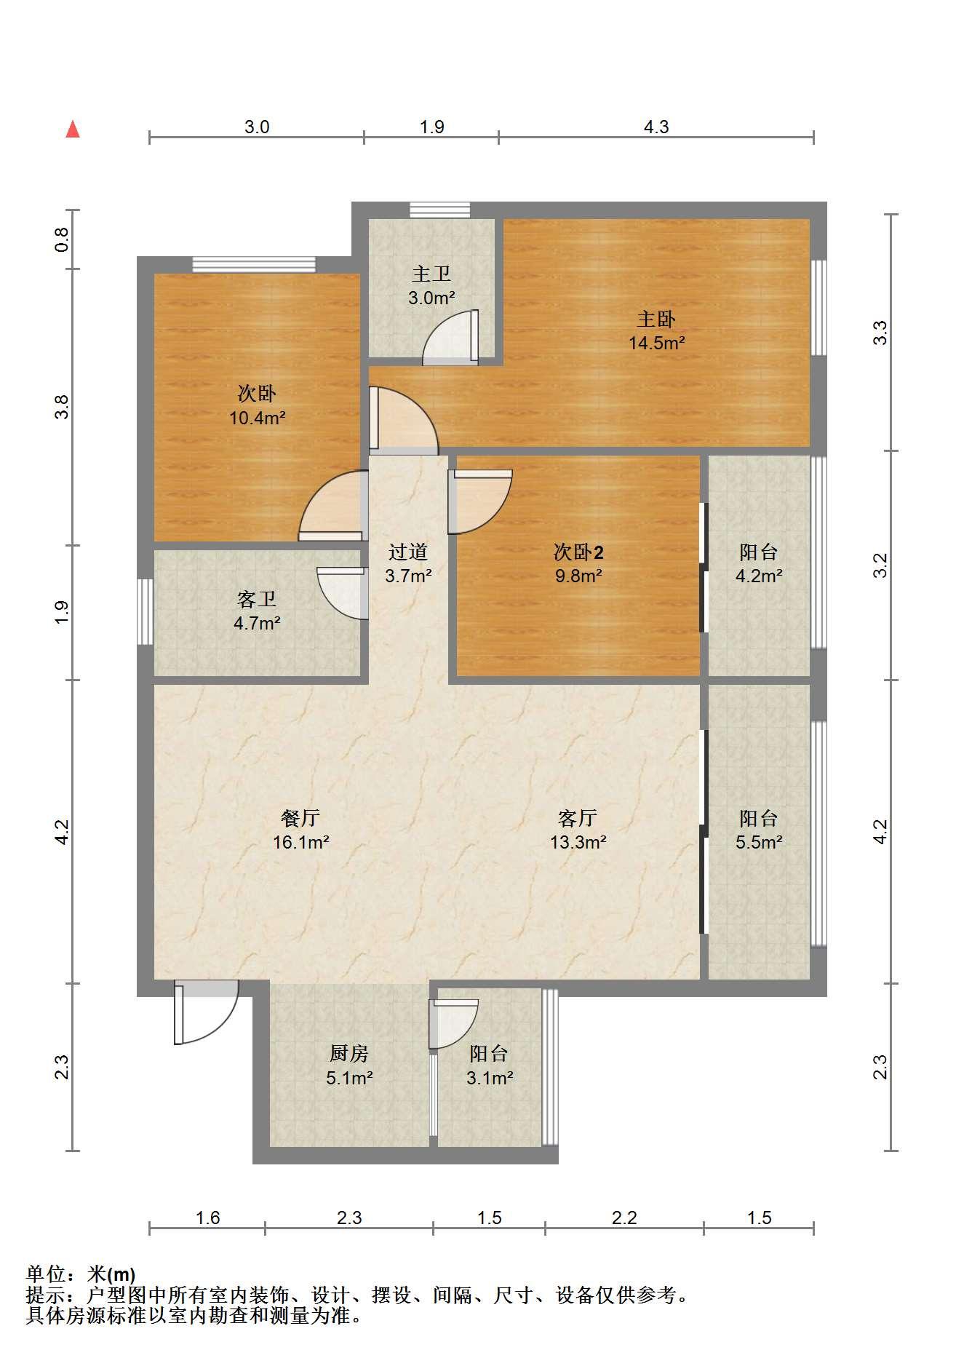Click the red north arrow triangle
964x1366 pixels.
[73, 130]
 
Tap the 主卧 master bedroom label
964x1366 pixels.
[656, 319]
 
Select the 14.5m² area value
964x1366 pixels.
[657, 342]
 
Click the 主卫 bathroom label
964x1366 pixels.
[431, 274]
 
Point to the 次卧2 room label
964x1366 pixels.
[578, 552]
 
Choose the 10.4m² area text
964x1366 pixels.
[257, 418]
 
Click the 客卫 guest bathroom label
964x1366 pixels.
[257, 599]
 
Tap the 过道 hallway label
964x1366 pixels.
[407, 552]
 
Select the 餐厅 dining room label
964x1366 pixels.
[300, 818]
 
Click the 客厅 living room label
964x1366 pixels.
[578, 818]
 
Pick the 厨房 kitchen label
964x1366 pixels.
[349, 1053]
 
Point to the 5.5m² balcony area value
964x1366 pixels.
[759, 842]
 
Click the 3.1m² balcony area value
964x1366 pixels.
[490, 1077]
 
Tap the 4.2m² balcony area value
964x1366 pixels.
[759, 576]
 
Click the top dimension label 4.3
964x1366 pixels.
[656, 127]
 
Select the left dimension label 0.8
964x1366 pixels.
[63, 239]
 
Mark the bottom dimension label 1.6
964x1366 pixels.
[207, 1218]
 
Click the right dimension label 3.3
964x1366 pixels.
[880, 333]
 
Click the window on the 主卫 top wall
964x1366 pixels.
[439, 210]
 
